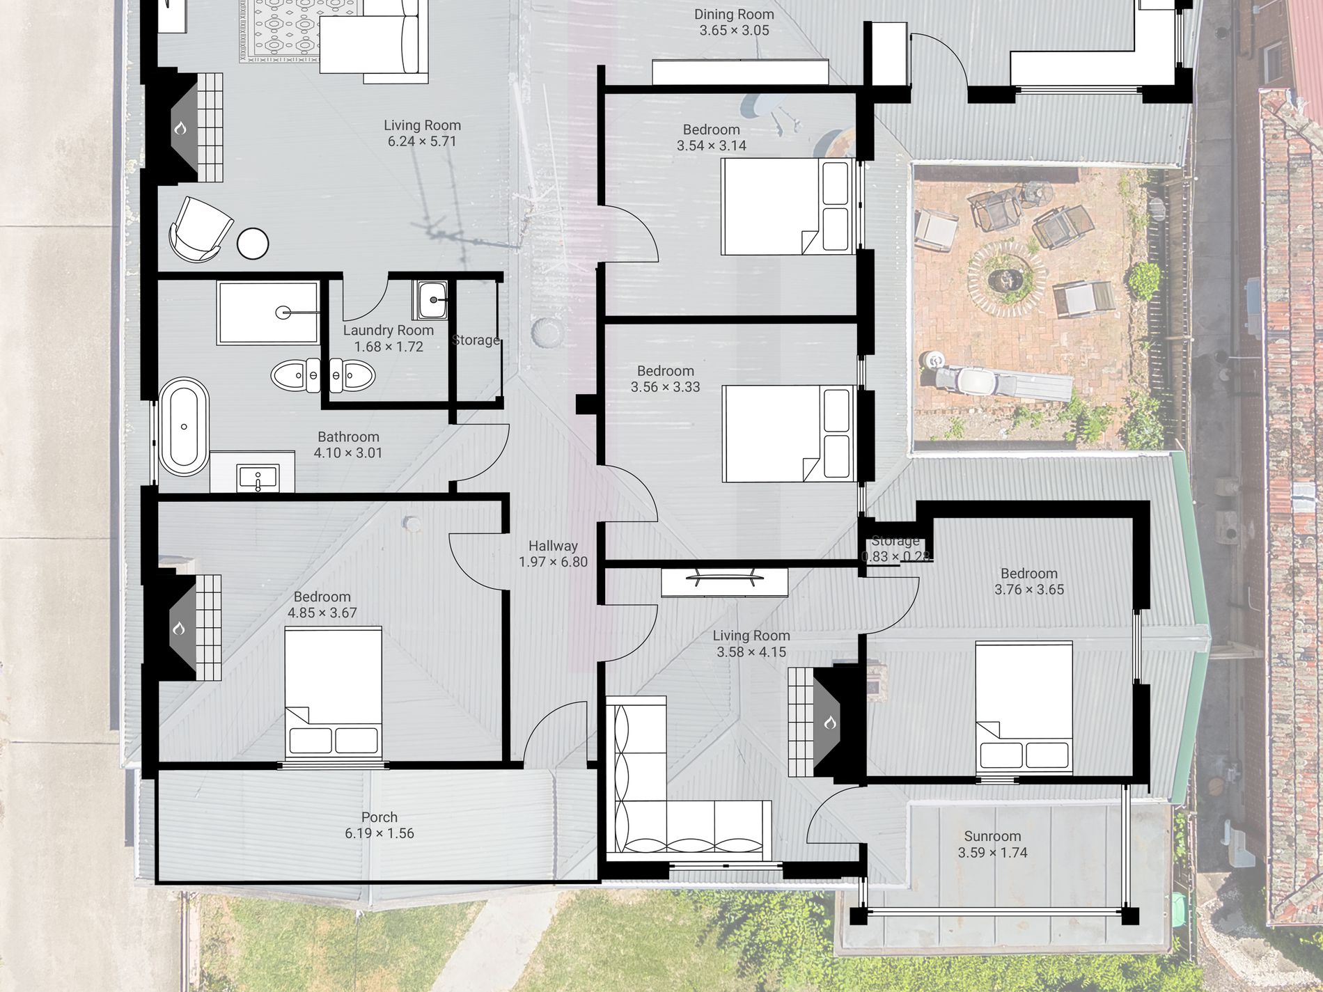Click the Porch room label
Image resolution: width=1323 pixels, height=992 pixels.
tap(379, 825)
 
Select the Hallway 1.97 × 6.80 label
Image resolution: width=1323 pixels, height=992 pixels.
tap(553, 554)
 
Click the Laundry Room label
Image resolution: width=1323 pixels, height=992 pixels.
tap(389, 338)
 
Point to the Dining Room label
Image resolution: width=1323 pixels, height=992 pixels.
tap(734, 22)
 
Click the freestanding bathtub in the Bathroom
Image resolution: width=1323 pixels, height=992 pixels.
tap(184, 427)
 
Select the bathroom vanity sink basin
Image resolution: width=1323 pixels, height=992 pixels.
tap(258, 478)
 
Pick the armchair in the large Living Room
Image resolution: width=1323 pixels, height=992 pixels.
tap(201, 229)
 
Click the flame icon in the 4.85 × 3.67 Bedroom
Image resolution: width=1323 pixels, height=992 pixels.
tap(179, 629)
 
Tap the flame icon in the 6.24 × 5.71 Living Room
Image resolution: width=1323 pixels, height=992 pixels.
tap(180, 128)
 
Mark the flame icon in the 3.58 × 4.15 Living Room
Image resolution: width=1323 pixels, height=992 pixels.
tap(829, 723)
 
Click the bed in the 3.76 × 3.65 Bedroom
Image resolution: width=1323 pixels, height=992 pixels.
tap(1024, 707)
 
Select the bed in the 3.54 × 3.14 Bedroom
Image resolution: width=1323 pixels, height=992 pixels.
tap(788, 206)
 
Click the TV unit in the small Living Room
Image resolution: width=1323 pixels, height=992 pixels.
tap(724, 582)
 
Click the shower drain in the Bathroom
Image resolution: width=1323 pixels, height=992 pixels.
tap(283, 313)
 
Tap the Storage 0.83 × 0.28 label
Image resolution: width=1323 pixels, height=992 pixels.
tap(895, 549)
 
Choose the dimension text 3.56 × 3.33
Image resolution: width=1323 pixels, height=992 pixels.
tap(666, 387)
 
